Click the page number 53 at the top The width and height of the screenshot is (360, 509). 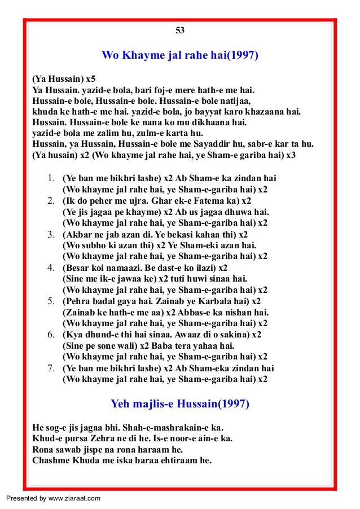point(181,30)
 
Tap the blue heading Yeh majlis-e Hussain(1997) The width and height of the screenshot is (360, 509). point(180,404)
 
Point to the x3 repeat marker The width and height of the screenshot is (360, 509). point(289,154)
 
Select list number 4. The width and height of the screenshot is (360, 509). point(51,267)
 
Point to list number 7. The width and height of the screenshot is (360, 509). point(51,368)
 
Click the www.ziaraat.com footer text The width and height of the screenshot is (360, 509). point(72,498)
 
